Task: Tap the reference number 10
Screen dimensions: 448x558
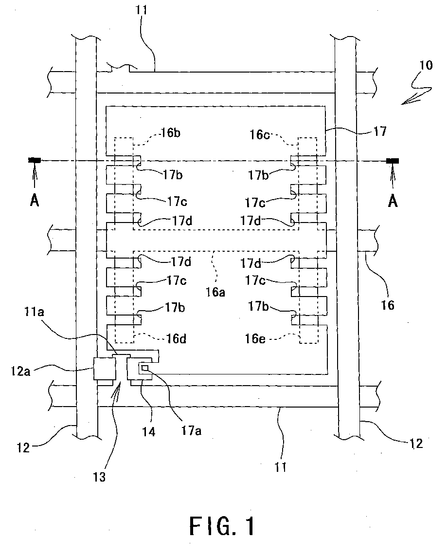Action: (426, 65)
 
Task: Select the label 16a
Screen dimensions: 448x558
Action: (215, 292)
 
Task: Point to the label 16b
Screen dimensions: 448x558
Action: (171, 133)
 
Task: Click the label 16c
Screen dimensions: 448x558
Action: (259, 134)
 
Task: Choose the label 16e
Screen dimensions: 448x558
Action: (255, 338)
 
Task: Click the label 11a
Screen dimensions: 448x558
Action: (34, 312)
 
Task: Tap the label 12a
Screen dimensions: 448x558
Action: (20, 371)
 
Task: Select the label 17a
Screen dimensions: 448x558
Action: (191, 430)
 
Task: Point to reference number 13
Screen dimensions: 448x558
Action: (99, 477)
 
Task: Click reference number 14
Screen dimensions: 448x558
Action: (149, 432)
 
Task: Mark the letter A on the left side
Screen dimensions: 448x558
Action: (35, 202)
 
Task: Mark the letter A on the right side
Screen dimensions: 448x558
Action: (393, 202)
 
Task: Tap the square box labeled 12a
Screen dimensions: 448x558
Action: (105, 369)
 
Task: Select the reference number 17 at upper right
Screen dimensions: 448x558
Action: (380, 131)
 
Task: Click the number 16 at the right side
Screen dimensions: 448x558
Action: (388, 305)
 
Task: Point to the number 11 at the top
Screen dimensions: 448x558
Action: (141, 10)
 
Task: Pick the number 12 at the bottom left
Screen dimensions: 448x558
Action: (23, 447)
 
